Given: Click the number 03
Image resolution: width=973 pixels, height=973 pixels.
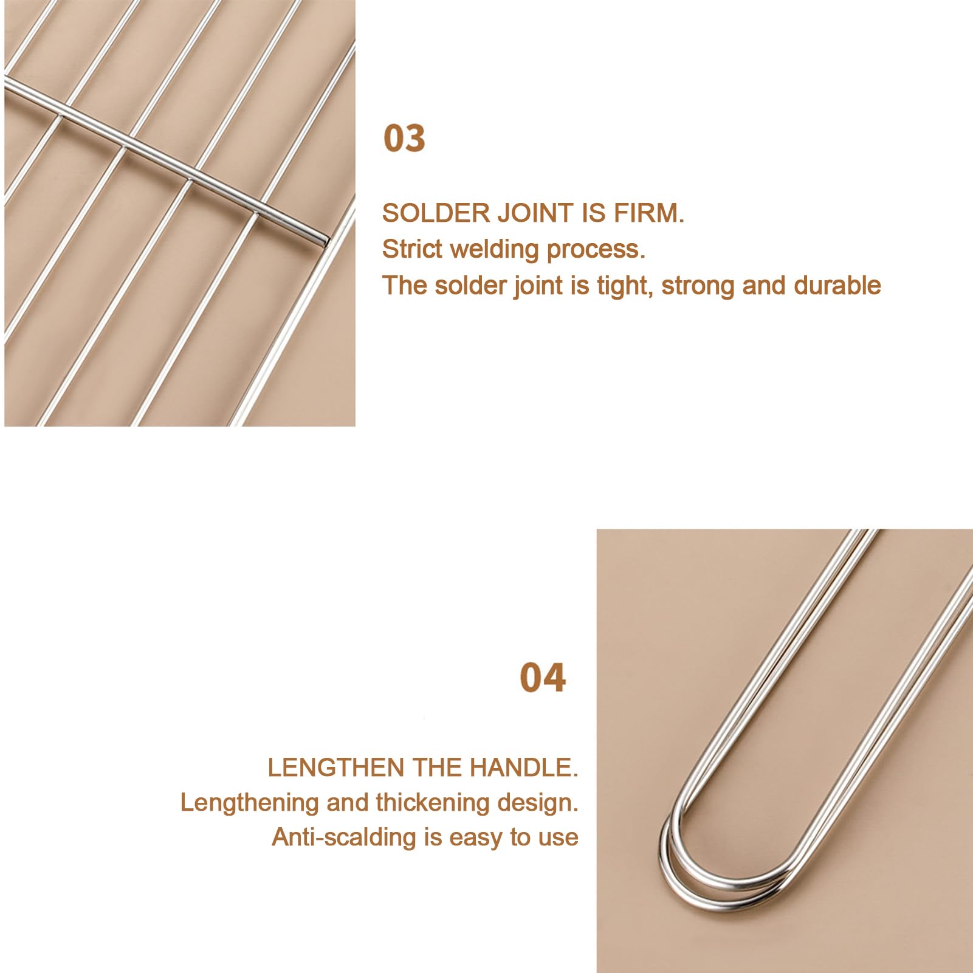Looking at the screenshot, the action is (x=404, y=138).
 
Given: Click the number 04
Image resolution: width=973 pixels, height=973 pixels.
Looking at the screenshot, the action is (x=543, y=678).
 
